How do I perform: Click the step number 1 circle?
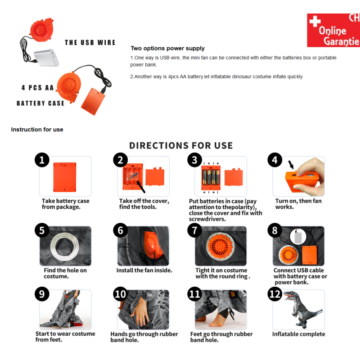(42, 160)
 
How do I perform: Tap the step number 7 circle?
(194, 230)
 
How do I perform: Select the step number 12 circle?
(275, 294)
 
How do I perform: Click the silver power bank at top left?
(46, 58)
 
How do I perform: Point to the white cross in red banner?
(315, 21)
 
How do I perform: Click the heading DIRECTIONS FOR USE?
(181, 145)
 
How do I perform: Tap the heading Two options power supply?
(167, 48)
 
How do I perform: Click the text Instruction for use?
(37, 130)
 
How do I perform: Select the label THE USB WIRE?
(90, 42)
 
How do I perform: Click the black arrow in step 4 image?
(291, 165)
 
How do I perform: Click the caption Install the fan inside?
(144, 270)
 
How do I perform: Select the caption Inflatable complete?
(298, 334)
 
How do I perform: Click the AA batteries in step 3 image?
(211, 177)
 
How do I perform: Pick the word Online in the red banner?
(332, 31)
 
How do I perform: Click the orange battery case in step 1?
(65, 177)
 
